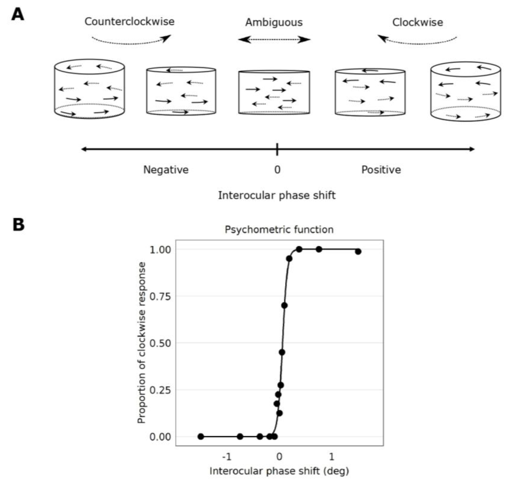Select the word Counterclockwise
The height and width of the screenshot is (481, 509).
(x=130, y=21)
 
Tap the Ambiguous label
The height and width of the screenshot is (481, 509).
(x=274, y=22)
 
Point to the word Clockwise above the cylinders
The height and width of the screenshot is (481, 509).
(x=417, y=22)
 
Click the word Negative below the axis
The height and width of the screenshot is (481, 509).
(x=166, y=170)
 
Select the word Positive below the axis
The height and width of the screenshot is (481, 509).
(x=381, y=170)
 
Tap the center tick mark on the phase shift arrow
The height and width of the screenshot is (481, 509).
(x=277, y=149)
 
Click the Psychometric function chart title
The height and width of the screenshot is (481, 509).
(x=279, y=229)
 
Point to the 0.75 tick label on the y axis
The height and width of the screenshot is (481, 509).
(x=160, y=297)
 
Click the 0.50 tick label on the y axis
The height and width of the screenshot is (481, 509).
(x=160, y=343)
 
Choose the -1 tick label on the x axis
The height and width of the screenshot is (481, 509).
(x=227, y=457)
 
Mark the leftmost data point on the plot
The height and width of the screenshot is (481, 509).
(x=201, y=436)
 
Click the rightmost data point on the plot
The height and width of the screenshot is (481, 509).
(x=358, y=252)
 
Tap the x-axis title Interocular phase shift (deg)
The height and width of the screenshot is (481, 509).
(x=279, y=471)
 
